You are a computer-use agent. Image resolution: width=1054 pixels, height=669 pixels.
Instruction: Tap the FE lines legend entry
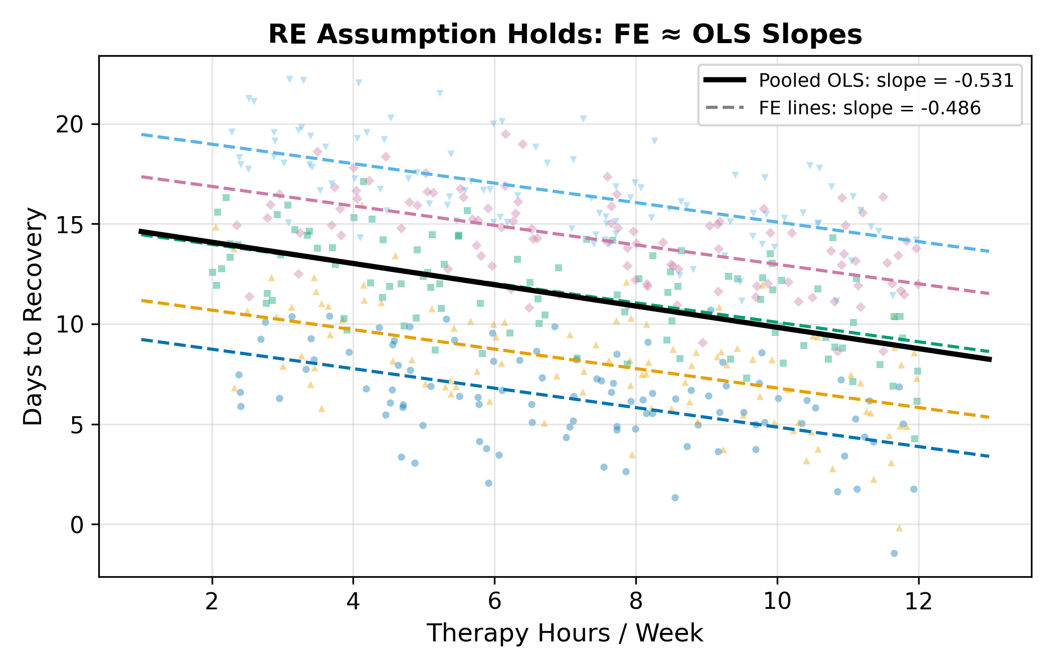(x=842, y=108)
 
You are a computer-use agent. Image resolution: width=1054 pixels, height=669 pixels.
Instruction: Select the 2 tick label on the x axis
(x=212, y=600)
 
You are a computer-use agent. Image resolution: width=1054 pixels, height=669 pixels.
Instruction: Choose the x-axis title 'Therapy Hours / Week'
(x=565, y=633)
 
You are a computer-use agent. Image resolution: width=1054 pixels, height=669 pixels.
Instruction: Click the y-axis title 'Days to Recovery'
(x=34, y=316)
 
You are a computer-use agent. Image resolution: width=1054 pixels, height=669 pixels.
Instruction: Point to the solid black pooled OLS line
(x=565, y=295)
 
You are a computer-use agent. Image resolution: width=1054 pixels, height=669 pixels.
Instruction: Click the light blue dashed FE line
(x=565, y=193)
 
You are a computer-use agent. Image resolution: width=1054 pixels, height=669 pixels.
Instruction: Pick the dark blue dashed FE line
(x=565, y=398)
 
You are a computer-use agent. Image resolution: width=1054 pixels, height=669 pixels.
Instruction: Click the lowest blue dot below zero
(x=894, y=553)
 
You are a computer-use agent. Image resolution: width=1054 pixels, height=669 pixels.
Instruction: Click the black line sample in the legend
(x=725, y=80)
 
